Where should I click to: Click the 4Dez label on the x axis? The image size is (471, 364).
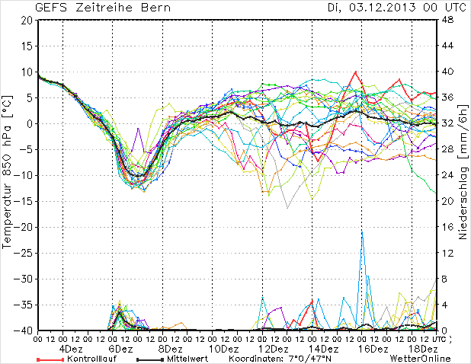(71, 348)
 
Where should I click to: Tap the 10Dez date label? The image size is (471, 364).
(223, 348)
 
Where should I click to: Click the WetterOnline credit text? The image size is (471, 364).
(420, 358)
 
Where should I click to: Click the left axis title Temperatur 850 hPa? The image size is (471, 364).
(8, 175)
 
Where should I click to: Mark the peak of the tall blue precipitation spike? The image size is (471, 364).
(362, 231)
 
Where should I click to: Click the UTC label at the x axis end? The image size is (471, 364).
(438, 337)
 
